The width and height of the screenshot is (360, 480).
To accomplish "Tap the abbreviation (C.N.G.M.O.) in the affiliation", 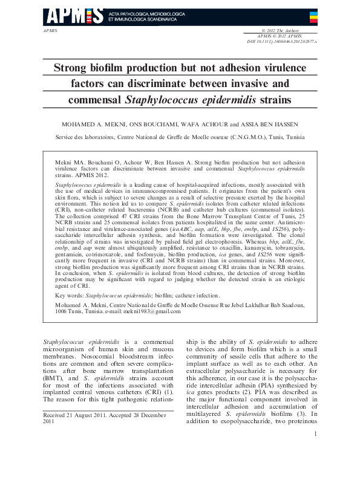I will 246,137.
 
